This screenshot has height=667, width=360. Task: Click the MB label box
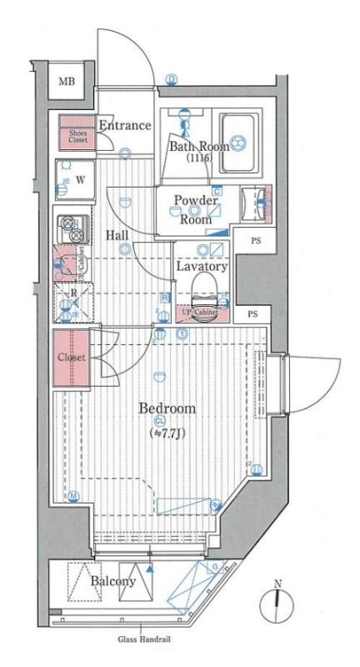pos(65,82)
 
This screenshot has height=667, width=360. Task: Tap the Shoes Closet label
pos(72,135)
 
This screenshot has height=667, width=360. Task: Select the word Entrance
pos(124,126)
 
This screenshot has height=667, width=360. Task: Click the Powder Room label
pos(196,210)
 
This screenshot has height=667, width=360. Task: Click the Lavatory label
pos(202,267)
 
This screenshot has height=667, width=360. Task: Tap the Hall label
pos(117,235)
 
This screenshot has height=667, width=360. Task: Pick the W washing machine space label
pos(81,178)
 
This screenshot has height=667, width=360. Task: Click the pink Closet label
pos(71,358)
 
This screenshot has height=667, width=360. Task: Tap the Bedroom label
pos(167,409)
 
